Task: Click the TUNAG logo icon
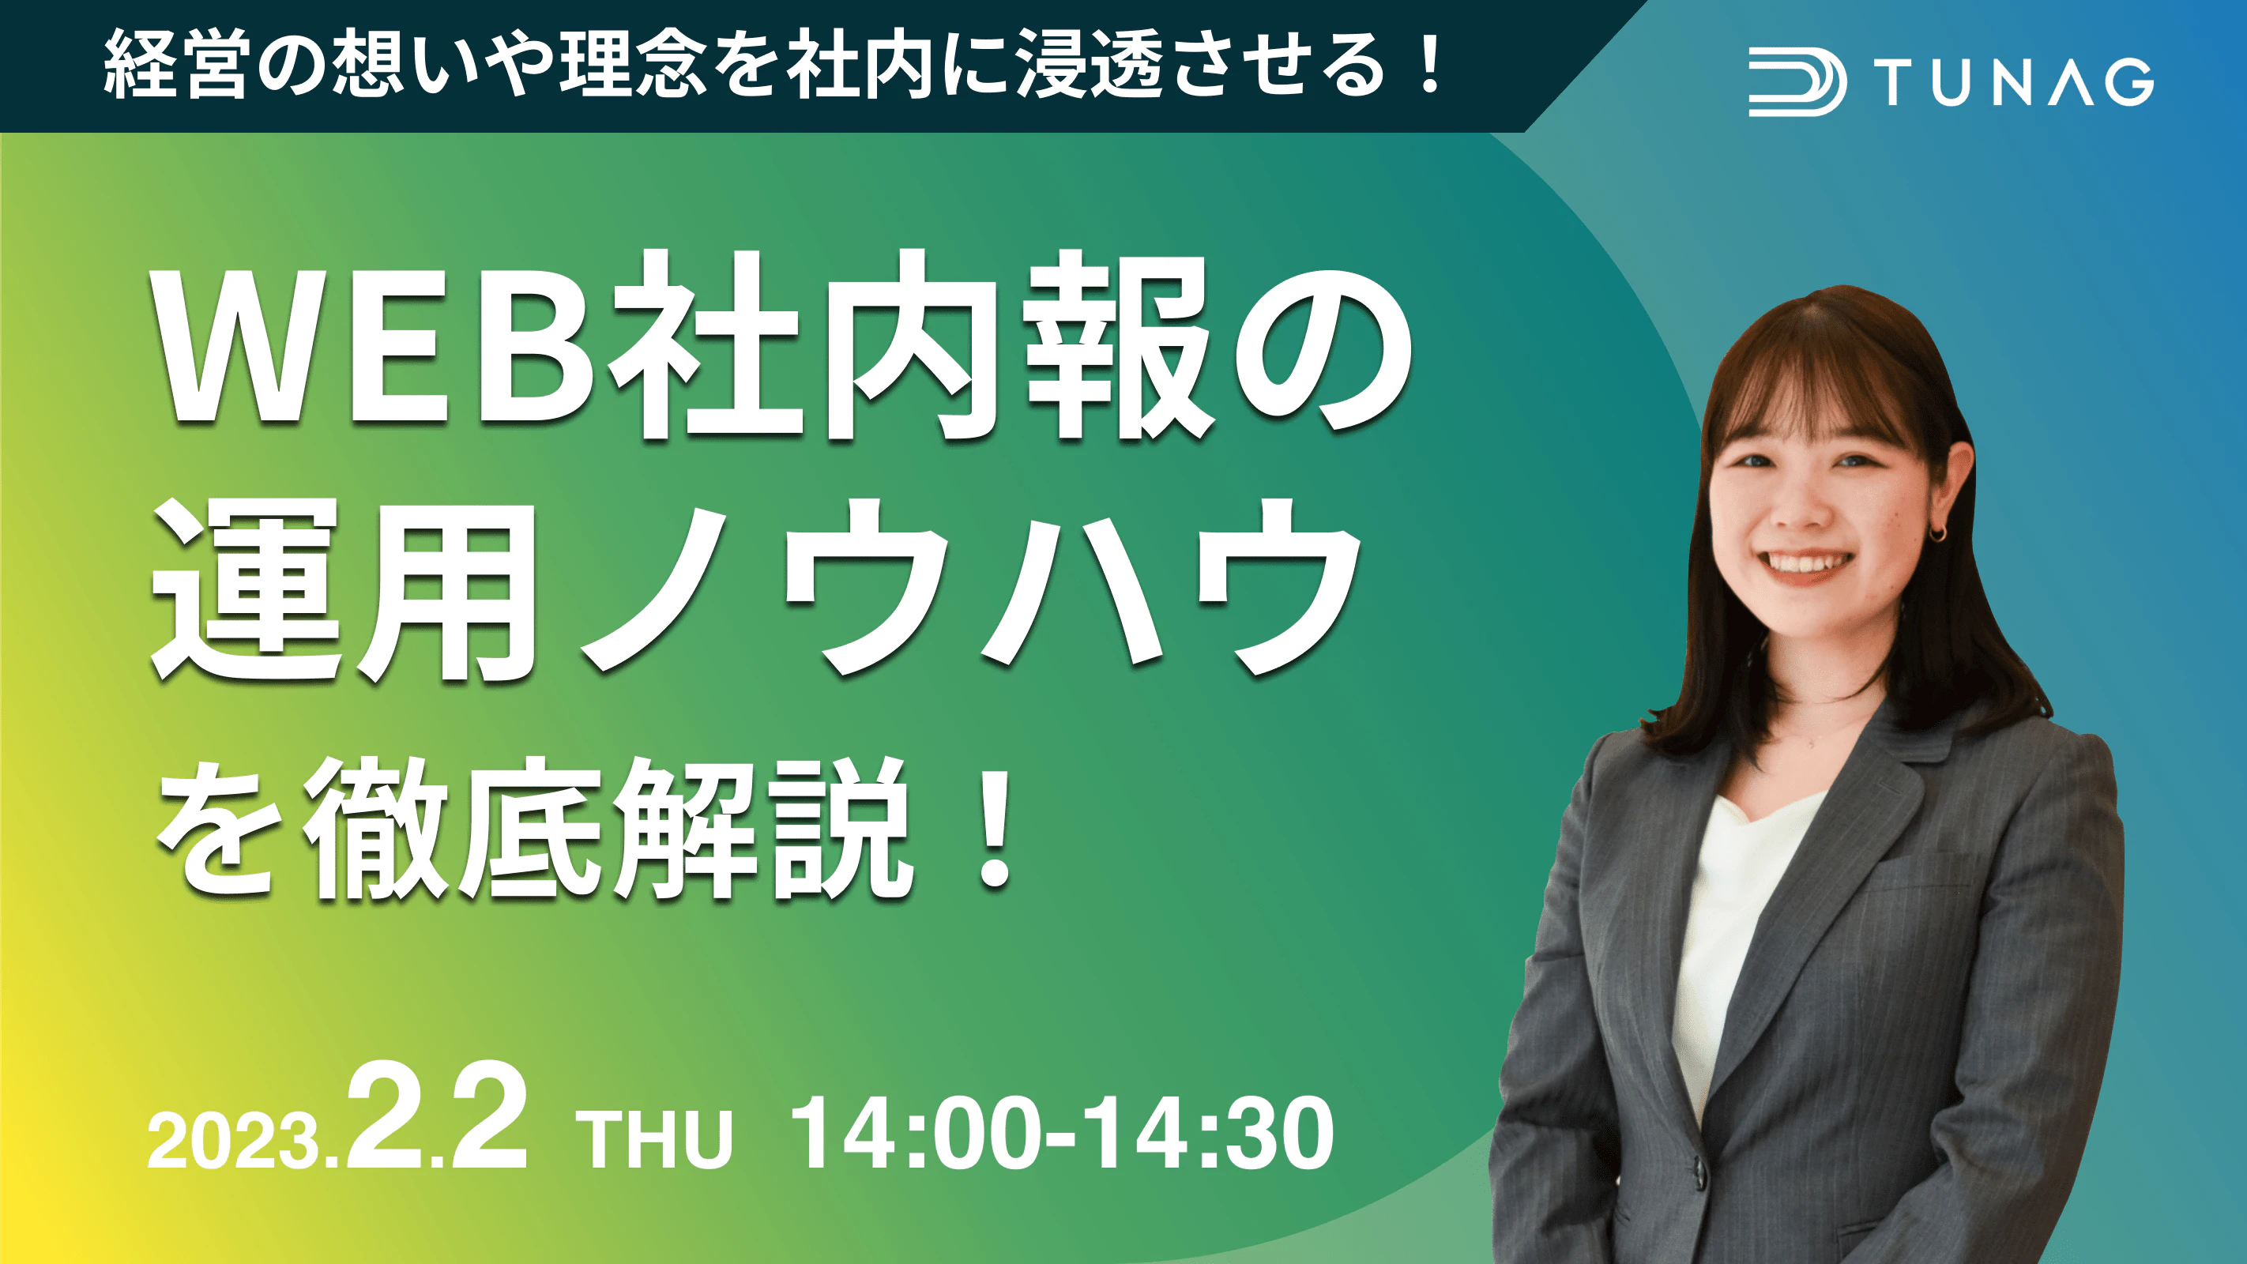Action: tap(1797, 83)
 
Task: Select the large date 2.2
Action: tap(437, 1116)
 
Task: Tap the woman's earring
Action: tap(1937, 532)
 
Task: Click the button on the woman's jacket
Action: tap(1699, 1171)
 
